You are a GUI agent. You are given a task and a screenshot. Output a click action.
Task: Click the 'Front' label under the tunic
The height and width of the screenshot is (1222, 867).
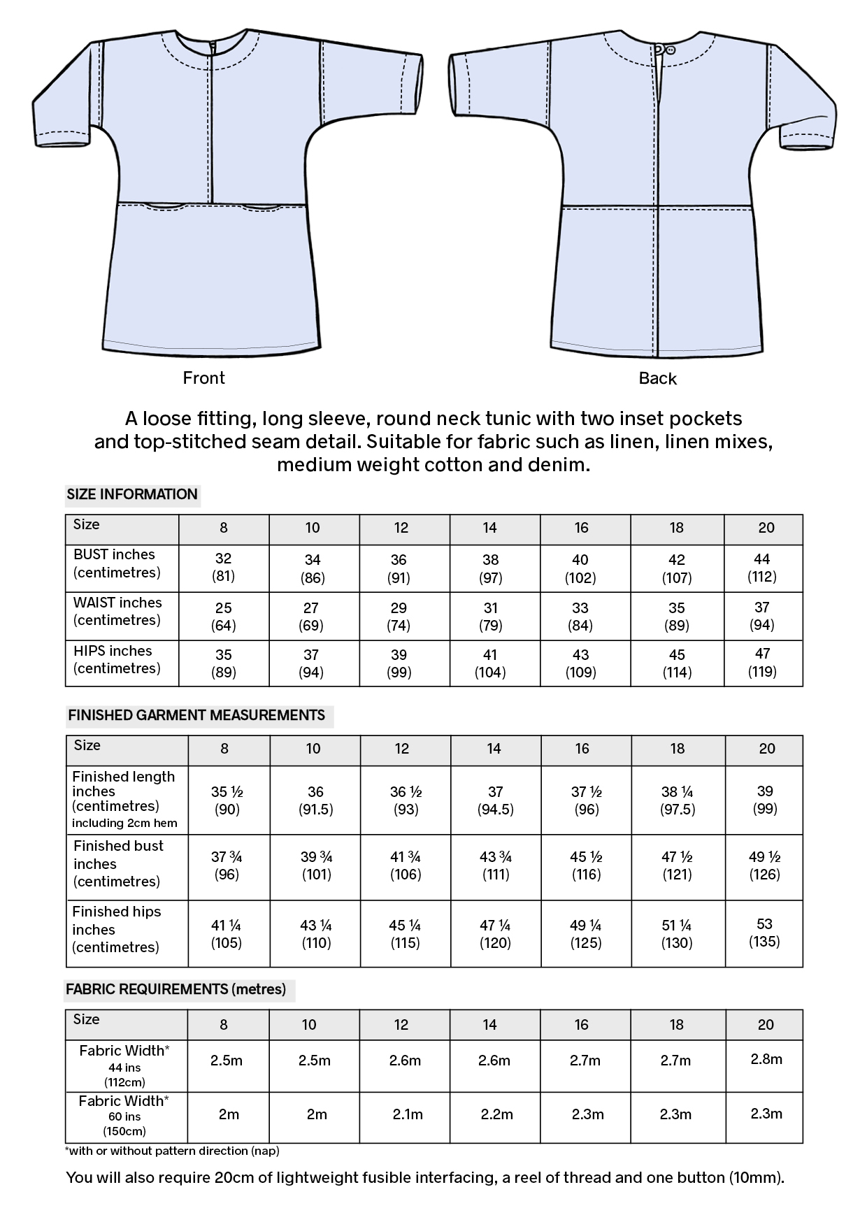[203, 378]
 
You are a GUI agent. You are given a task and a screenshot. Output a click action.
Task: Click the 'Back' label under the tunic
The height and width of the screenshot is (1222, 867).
[657, 379]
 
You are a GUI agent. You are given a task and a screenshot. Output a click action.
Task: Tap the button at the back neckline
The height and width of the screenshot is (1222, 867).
[670, 50]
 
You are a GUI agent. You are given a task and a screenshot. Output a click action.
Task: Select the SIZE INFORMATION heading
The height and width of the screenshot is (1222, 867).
[132, 495]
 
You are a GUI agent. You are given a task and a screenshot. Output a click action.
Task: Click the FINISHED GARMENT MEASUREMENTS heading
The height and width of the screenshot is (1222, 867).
[196, 716]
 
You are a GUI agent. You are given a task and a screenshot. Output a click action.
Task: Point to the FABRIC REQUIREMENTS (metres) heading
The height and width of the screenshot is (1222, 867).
[176, 990]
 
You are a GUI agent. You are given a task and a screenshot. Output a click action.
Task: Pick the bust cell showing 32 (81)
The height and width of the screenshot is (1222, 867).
[224, 568]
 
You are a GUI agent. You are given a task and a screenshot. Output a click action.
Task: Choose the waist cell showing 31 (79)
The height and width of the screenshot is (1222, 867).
[490, 617]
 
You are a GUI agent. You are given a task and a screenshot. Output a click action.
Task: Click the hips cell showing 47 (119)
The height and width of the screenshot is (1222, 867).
[763, 663]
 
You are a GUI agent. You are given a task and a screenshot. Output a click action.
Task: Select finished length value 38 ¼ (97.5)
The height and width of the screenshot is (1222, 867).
[677, 800]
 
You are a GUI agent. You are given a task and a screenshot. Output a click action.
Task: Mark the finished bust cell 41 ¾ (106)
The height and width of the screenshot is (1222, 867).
[405, 865]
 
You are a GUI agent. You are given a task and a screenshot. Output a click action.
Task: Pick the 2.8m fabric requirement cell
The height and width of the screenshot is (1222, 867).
[766, 1059]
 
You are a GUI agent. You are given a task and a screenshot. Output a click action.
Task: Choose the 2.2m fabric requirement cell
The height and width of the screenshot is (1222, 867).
[496, 1114]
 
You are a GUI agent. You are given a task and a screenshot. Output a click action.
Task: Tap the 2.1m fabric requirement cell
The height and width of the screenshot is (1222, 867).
[408, 1114]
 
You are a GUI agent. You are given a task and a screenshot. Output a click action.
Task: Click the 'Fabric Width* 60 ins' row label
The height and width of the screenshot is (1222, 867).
[124, 1115]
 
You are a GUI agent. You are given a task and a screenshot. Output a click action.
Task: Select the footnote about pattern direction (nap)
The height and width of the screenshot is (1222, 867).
[172, 1151]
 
